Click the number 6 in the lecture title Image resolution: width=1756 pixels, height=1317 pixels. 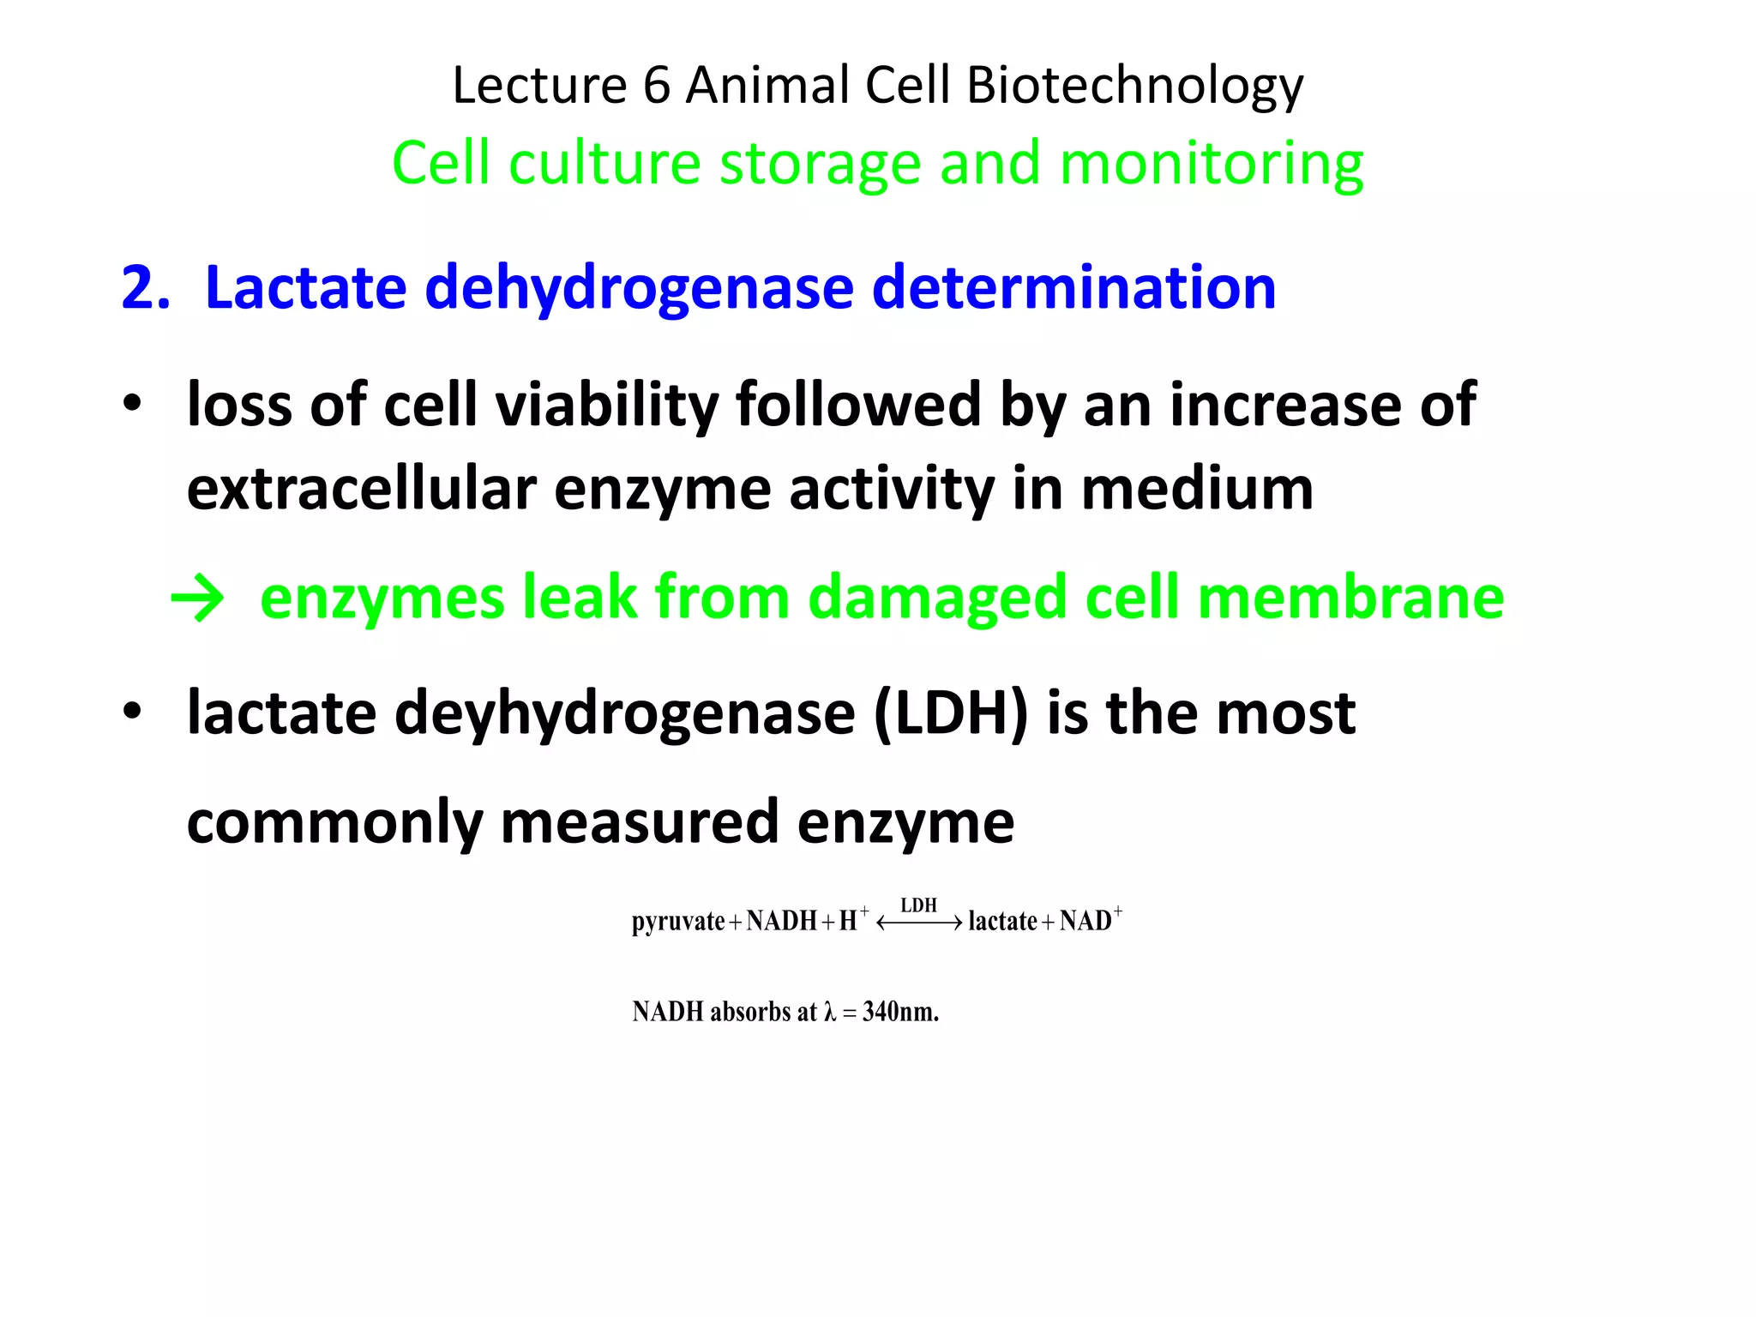coord(656,86)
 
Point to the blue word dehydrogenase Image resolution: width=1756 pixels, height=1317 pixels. coord(639,288)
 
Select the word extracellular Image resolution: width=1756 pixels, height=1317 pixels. coord(361,489)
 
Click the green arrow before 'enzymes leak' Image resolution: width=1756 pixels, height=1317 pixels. coord(198,598)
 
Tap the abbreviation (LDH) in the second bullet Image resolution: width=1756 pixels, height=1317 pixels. coord(950,713)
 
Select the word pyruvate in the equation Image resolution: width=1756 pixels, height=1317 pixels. coord(678,922)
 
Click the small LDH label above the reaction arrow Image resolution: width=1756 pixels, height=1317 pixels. coord(918,905)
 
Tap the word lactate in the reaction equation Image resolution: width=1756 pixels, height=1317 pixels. coord(1002,922)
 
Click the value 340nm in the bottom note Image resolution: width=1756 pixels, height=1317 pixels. coord(900,1012)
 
